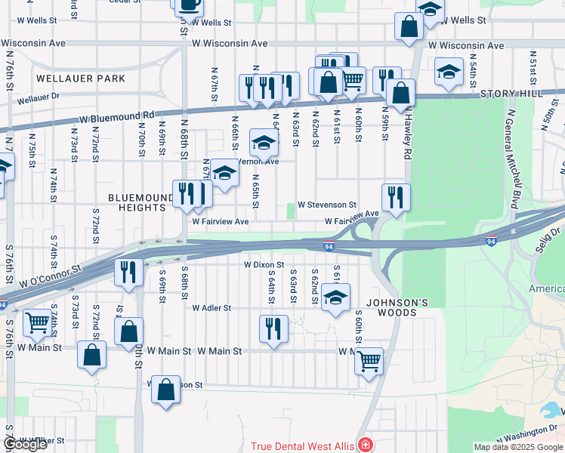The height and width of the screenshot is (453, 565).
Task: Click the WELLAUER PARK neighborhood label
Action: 79,79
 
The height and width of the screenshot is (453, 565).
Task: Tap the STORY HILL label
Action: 511,93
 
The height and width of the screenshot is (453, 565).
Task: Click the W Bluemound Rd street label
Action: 117,118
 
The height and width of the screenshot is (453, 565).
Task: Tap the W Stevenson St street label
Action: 326,205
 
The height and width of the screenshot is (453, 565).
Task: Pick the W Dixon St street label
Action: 263,265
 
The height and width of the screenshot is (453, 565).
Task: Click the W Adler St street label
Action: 211,308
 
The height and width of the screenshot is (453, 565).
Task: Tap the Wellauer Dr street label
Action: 38,98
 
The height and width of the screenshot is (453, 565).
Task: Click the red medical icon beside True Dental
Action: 366,445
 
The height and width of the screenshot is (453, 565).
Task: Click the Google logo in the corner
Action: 25,445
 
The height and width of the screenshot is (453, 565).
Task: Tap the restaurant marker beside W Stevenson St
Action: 396,198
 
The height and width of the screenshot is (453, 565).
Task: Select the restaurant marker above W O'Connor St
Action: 128,271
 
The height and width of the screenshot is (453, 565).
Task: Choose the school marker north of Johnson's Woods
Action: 336,297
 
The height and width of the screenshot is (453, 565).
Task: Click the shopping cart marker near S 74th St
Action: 36,323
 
